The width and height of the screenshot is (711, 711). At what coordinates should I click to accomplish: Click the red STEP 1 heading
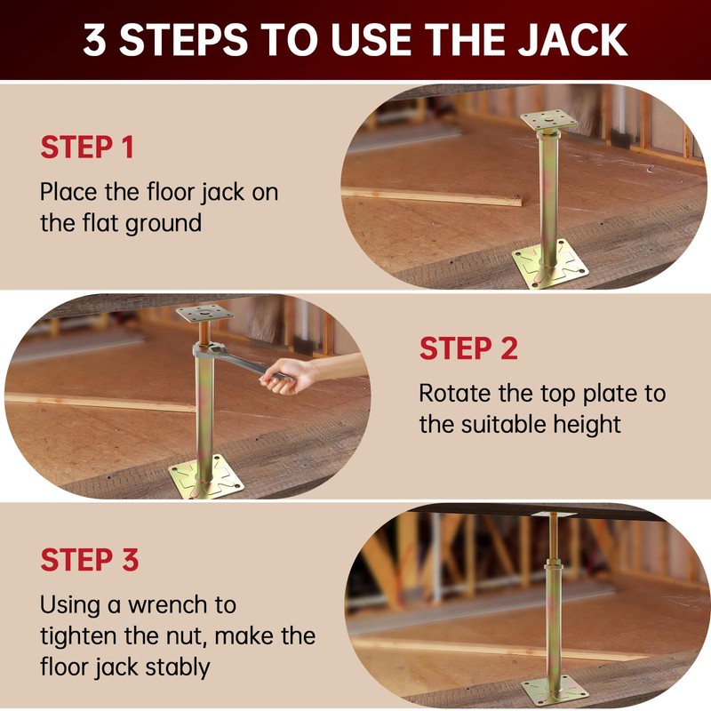pyautogui.click(x=87, y=148)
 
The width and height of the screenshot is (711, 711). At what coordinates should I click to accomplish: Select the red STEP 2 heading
pyautogui.click(x=468, y=348)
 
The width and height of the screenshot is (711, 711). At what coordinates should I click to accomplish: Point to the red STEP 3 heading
pyautogui.click(x=90, y=561)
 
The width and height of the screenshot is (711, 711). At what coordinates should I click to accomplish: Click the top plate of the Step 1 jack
pyautogui.click(x=548, y=120)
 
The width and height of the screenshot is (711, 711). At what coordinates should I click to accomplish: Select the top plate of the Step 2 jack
pyautogui.click(x=204, y=313)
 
